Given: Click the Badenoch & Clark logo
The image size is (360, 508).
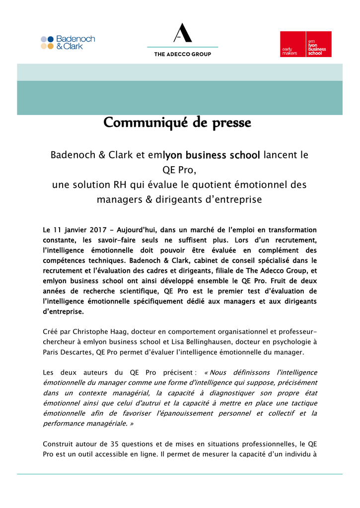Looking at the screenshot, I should click(x=68, y=42).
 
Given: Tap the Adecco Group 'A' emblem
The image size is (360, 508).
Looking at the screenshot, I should click(x=182, y=33).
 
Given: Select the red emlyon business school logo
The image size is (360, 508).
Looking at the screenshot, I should click(x=305, y=44).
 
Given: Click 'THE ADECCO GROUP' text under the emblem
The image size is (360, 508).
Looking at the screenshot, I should click(x=182, y=54).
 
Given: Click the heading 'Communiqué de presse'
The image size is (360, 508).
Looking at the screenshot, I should click(x=177, y=123).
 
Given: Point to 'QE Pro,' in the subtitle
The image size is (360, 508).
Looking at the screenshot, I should click(x=180, y=170).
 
